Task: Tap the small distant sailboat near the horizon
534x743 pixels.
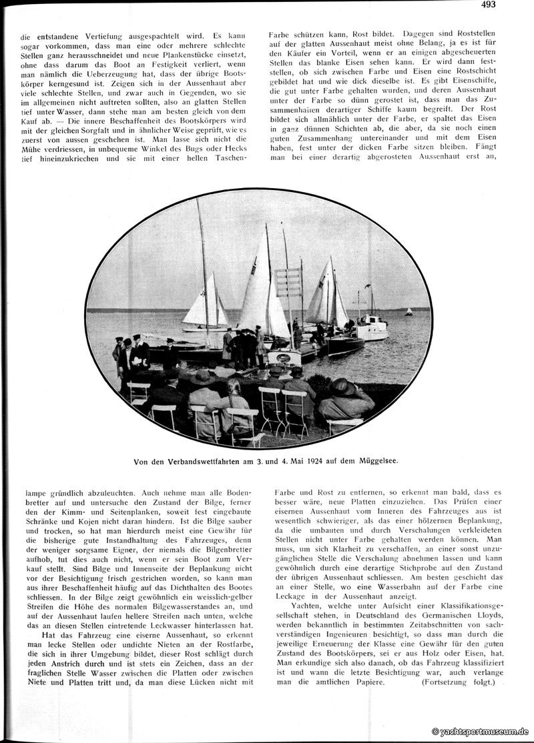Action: (408, 311)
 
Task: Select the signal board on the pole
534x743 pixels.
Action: (288, 283)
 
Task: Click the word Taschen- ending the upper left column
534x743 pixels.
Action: (227, 159)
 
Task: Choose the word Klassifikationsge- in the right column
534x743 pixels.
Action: (461, 606)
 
